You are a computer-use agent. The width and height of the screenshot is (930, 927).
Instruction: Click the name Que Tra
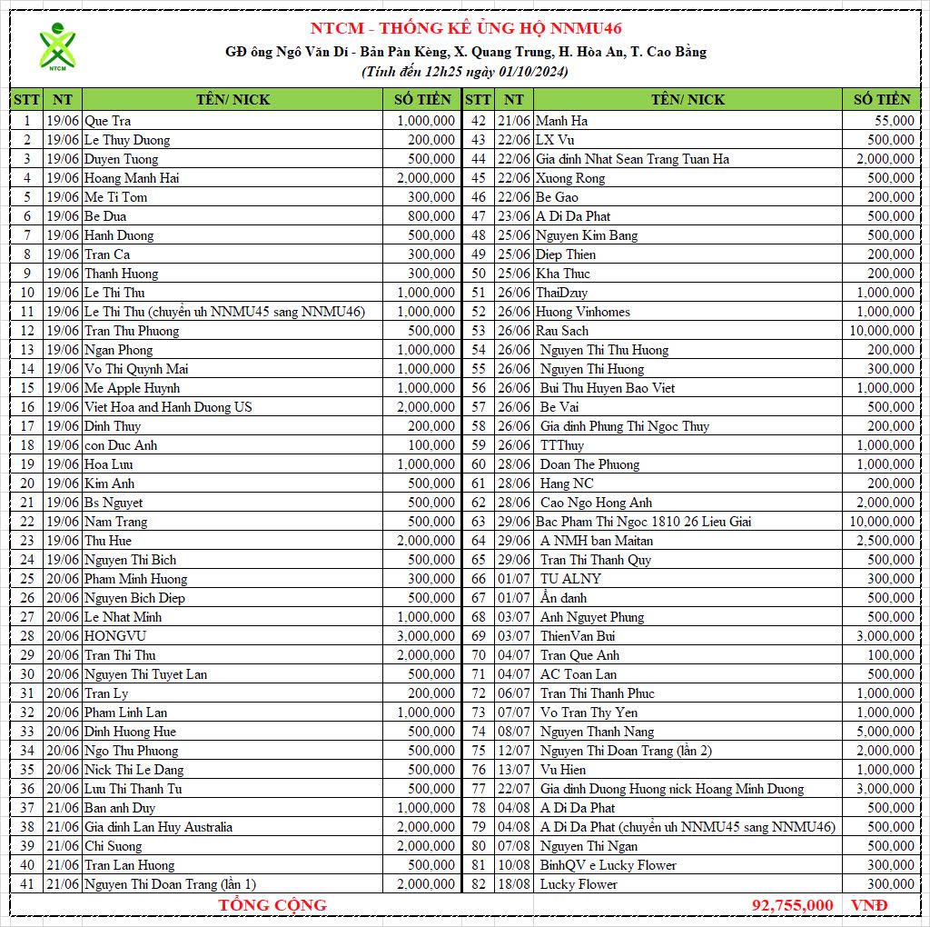pyautogui.click(x=108, y=121)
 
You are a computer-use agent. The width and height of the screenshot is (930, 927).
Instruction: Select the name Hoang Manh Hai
pyautogui.click(x=132, y=178)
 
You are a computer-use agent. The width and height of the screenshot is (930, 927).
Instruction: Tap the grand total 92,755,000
pyautogui.click(x=792, y=905)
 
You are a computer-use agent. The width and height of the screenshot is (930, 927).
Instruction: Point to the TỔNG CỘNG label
pyautogui.click(x=272, y=905)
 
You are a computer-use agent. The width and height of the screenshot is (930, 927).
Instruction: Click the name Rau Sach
pyautogui.click(x=562, y=331)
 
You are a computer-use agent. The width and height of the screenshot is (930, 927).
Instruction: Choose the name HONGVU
pyautogui.click(x=115, y=636)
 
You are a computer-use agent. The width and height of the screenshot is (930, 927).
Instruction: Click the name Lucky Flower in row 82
pyautogui.click(x=579, y=884)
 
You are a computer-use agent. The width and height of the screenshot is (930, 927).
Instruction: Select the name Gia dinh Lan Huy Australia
pyautogui.click(x=158, y=827)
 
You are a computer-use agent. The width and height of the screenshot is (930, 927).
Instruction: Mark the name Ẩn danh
pyautogui.click(x=563, y=598)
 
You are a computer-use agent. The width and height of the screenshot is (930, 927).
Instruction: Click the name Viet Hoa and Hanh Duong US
pyautogui.click(x=168, y=407)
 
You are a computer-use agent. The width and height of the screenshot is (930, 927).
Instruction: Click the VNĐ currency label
pyautogui.click(x=869, y=905)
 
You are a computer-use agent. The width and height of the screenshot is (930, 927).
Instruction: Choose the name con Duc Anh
pyautogui.click(x=121, y=445)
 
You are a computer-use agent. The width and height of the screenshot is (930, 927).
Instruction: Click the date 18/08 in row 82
pyautogui.click(x=514, y=884)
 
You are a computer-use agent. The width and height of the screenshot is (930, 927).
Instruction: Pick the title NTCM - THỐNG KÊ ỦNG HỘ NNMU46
pyautogui.click(x=466, y=28)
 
